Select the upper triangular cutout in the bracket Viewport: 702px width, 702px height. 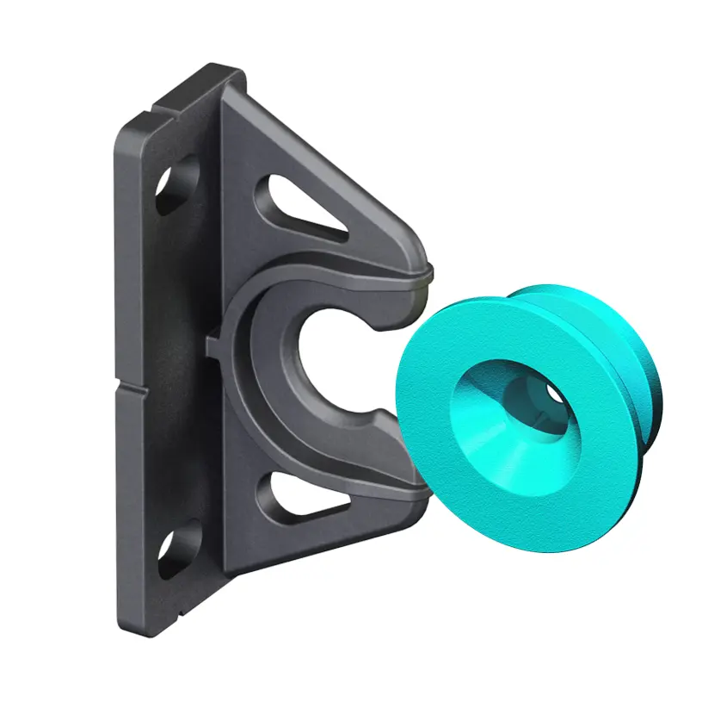pyautogui.click(x=300, y=206)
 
